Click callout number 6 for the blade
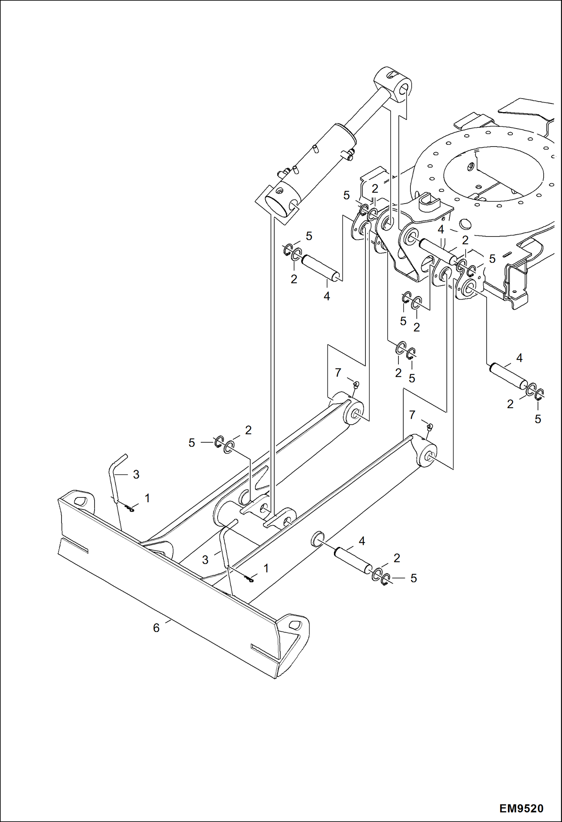pos(156,628)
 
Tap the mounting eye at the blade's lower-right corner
pos(296,625)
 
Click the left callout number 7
pos(338,373)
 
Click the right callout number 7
pos(412,415)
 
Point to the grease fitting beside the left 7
pos(356,384)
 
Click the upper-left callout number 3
pos(136,475)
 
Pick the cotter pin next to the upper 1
pos(129,509)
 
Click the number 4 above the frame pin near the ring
pos(441,229)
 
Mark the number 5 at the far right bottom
pos(538,419)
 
